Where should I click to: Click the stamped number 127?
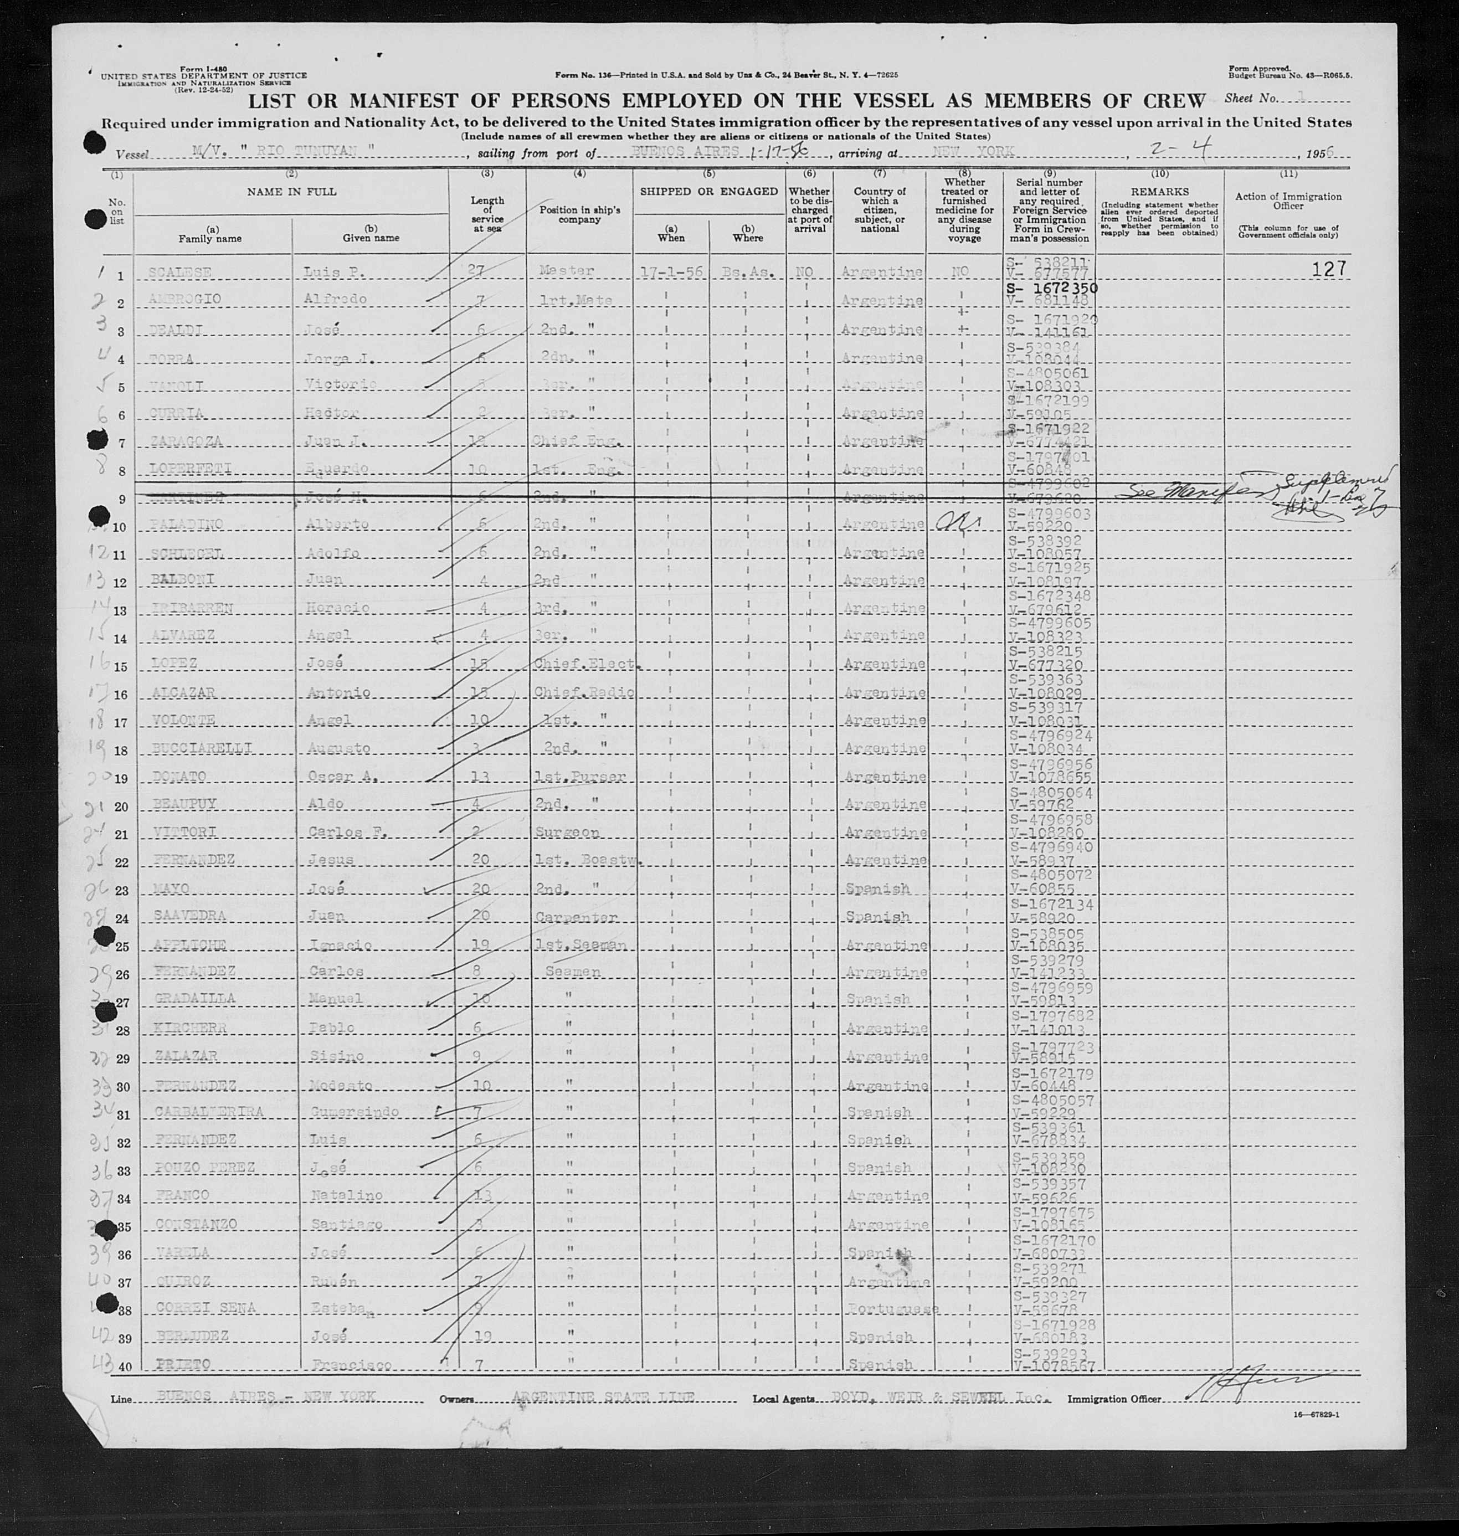point(1328,269)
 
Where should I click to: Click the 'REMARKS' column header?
point(1159,191)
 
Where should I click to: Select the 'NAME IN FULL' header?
point(292,191)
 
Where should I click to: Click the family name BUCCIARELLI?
point(183,748)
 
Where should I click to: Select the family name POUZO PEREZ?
point(191,1169)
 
